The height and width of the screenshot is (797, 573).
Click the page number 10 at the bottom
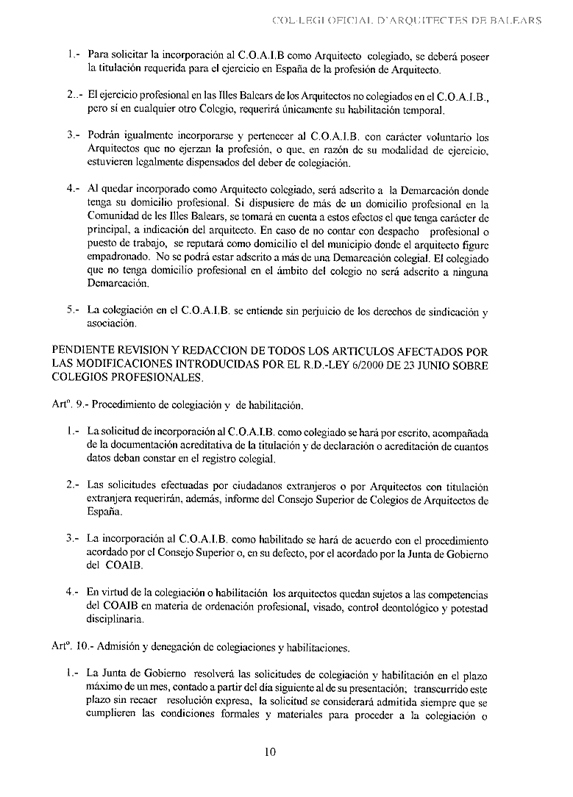tap(269, 752)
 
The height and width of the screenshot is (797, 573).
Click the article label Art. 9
tap(69, 405)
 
